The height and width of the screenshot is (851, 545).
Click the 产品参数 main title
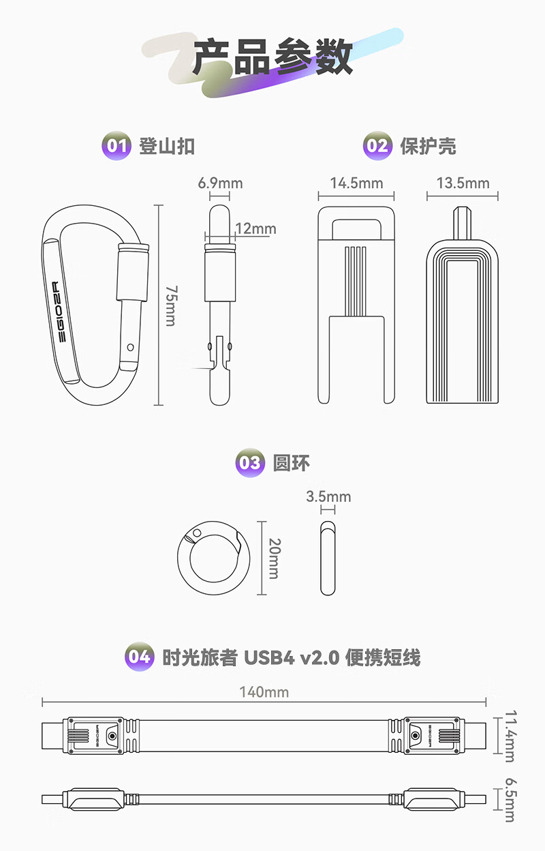pyautogui.click(x=273, y=57)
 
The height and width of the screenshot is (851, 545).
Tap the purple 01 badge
pyautogui.click(x=116, y=146)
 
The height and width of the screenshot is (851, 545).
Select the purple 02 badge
pyautogui.click(x=377, y=146)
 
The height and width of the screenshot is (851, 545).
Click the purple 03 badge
pyautogui.click(x=250, y=463)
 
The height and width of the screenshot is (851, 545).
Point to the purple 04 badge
pyautogui.click(x=139, y=657)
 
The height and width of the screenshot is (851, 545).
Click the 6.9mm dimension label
pyautogui.click(x=220, y=183)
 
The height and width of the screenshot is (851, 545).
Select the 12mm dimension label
pyautogui.click(x=255, y=228)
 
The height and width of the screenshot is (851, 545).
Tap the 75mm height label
pyautogui.click(x=171, y=305)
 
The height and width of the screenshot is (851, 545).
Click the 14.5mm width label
pyautogui.click(x=356, y=183)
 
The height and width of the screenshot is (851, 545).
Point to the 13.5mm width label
pyautogui.click(x=463, y=183)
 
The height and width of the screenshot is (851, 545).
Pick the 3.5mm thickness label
pyautogui.click(x=328, y=496)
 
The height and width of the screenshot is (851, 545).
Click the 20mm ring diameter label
pyautogui.click(x=275, y=558)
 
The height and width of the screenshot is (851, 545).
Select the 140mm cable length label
pyautogui.click(x=264, y=692)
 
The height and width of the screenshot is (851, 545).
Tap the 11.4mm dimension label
pyautogui.click(x=511, y=736)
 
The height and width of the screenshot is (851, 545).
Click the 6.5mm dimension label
pyautogui.click(x=511, y=800)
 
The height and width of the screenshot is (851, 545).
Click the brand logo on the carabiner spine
pyautogui.click(x=59, y=312)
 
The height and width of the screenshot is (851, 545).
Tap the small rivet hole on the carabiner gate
pyautogui.click(x=130, y=347)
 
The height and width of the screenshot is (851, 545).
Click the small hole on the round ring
pyautogui.click(x=197, y=533)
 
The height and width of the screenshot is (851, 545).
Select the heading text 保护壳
pyautogui.click(x=428, y=146)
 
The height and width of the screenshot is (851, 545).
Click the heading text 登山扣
pyautogui.click(x=167, y=146)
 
